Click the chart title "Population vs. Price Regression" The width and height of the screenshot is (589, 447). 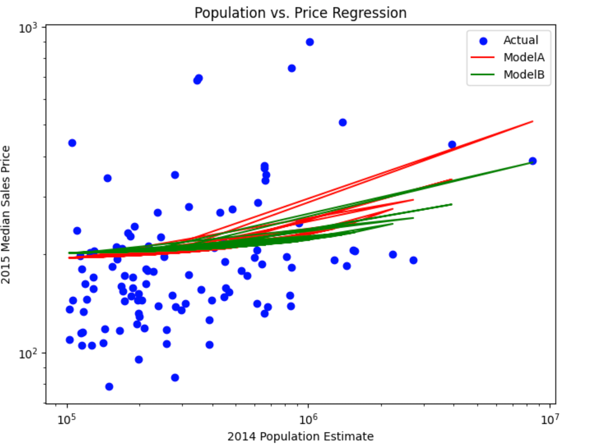[x=300, y=13]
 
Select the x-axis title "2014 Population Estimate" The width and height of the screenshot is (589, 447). [x=300, y=436]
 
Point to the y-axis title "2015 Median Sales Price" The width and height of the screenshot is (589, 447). [x=6, y=215]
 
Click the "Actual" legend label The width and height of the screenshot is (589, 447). [x=521, y=40]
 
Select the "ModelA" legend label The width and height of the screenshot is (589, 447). [x=524, y=57]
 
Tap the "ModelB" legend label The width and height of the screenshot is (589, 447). [x=524, y=75]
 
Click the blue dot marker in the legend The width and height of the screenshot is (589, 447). [x=483, y=41]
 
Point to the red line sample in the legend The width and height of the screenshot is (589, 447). [x=482, y=57]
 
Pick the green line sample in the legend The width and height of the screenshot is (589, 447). [x=482, y=75]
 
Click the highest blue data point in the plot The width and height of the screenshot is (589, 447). [x=310, y=42]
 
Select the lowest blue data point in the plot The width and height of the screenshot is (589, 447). [x=109, y=387]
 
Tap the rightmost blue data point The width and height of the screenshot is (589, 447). [x=533, y=161]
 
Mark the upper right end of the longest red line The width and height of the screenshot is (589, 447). [x=533, y=121]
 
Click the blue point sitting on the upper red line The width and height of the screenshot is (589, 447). [x=452, y=145]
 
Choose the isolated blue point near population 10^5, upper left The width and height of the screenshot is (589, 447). [x=72, y=143]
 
